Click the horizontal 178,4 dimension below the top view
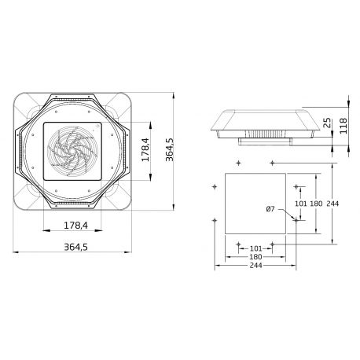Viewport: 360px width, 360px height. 75,227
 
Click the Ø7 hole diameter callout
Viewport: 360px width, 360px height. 271,208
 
